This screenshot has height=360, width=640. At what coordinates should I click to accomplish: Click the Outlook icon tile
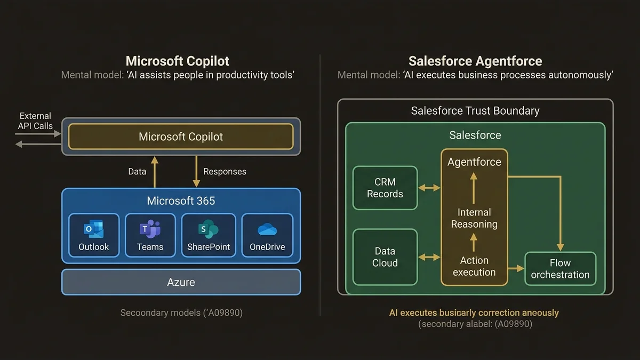pyautogui.click(x=94, y=235)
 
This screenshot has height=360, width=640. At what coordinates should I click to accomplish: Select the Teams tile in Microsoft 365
pyautogui.click(x=150, y=235)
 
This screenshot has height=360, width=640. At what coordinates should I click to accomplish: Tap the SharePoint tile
pyautogui.click(x=209, y=235)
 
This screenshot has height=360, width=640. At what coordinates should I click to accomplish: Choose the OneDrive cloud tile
pyautogui.click(x=267, y=235)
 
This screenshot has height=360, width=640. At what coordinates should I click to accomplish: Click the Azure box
pyautogui.click(x=181, y=282)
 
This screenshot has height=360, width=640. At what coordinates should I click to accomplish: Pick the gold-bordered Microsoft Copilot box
pyautogui.click(x=181, y=137)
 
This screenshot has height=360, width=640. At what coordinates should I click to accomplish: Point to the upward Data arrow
pyautogui.click(x=155, y=172)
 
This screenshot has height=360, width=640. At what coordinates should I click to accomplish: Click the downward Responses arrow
pyautogui.click(x=196, y=172)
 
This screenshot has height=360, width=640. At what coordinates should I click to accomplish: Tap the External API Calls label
pyautogui.click(x=35, y=121)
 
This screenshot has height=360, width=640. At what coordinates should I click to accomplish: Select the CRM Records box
pyautogui.click(x=385, y=188)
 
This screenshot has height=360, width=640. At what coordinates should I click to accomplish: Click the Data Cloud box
pyautogui.click(x=385, y=257)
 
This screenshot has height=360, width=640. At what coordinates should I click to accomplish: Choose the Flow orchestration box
pyautogui.click(x=560, y=269)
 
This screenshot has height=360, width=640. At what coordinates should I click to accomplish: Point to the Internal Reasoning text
pyautogui.click(x=474, y=218)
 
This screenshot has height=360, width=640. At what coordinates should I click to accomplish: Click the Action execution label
pyautogui.click(x=474, y=266)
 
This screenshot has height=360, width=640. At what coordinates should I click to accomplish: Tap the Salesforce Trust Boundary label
pyautogui.click(x=475, y=110)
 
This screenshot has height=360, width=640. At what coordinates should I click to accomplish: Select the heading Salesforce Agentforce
pyautogui.click(x=475, y=61)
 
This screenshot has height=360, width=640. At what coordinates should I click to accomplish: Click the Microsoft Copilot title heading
pyautogui.click(x=178, y=61)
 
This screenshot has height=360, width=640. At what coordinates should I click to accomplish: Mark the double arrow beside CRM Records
pyautogui.click(x=429, y=188)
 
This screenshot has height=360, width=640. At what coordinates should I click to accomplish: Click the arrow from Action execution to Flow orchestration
pyautogui.click(x=516, y=268)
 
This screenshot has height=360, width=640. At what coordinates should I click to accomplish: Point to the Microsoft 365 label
pyautogui.click(x=181, y=201)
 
